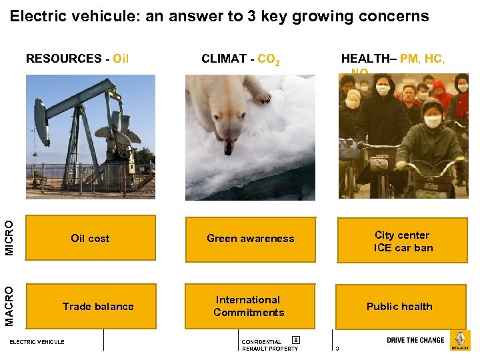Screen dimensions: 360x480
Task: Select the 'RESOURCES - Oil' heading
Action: [x=77, y=59]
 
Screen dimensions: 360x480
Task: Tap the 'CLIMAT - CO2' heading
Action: [x=240, y=59]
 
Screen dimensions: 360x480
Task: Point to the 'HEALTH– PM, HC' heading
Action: [x=393, y=59]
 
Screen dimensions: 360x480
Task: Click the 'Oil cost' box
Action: [x=90, y=238]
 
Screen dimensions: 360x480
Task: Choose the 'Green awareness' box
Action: [x=250, y=238]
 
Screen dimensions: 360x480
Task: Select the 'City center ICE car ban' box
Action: [x=402, y=241]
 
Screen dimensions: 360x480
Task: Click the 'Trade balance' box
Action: [x=97, y=307]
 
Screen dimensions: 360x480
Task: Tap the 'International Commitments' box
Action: [x=249, y=306]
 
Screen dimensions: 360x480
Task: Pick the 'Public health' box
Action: [x=399, y=307]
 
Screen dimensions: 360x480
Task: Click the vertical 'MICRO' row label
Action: [x=9, y=238]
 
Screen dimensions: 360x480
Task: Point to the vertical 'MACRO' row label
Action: [x=9, y=306]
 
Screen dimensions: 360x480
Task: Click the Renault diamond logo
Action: [x=460, y=340]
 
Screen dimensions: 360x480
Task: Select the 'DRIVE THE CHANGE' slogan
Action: [x=415, y=340]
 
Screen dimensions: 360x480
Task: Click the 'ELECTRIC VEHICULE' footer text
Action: [x=37, y=342]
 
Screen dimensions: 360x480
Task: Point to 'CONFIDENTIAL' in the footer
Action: [x=261, y=342]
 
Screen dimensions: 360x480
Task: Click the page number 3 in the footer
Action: [x=337, y=349]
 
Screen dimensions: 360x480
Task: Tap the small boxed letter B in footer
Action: [x=295, y=340]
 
